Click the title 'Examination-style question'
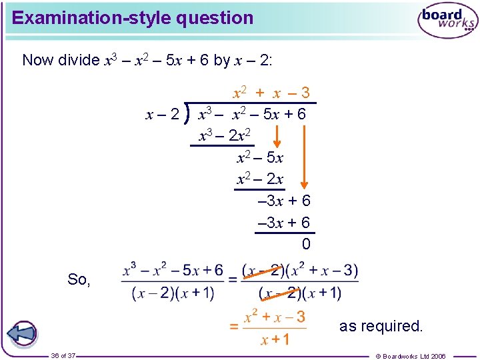click(x=133, y=18)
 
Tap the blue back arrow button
click(x=22, y=333)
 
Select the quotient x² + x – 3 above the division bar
click(x=271, y=93)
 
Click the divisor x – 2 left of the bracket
click(x=163, y=115)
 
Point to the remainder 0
click(x=305, y=244)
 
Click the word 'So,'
click(x=79, y=279)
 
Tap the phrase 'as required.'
click(x=381, y=326)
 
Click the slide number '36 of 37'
click(x=63, y=355)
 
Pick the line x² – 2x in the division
click(x=260, y=179)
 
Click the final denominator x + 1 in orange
click(x=275, y=340)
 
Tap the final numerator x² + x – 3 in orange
click(x=275, y=317)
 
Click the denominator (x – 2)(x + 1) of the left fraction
click(x=173, y=293)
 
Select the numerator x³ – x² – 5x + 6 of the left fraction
click(x=173, y=271)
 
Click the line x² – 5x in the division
click(x=260, y=158)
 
